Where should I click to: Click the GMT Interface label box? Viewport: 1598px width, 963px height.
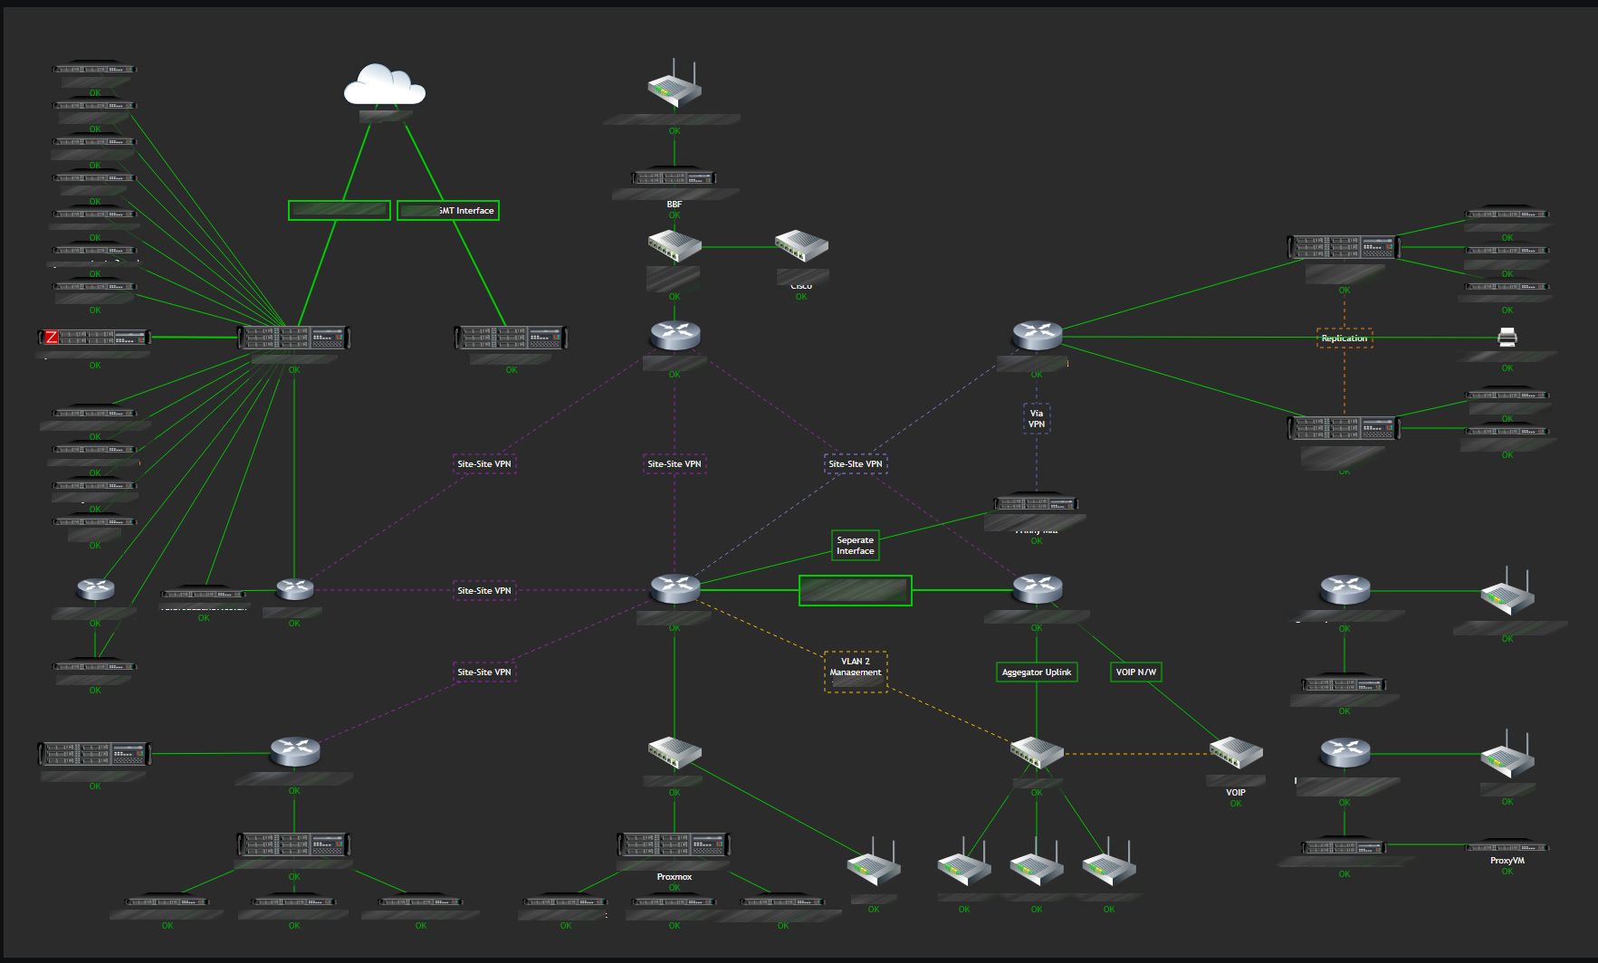click(448, 211)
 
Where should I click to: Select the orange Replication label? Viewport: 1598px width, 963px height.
click(1344, 338)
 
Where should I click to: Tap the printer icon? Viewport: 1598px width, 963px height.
click(1507, 338)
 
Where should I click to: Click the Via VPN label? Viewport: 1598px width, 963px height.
click(1036, 418)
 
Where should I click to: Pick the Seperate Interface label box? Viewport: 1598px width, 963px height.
click(855, 546)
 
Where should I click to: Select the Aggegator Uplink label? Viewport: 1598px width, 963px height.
click(1036, 672)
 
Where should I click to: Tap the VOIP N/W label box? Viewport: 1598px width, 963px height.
click(1135, 672)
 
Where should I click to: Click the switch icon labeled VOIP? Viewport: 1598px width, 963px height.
click(1235, 753)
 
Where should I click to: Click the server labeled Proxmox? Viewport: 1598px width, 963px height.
click(674, 844)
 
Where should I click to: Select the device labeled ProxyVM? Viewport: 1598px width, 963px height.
click(1507, 848)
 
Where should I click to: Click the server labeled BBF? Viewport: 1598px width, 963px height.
click(674, 178)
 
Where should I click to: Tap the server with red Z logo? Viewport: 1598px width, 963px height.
click(94, 338)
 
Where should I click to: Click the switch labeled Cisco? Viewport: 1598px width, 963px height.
click(800, 246)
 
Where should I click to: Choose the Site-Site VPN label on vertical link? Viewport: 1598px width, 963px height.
click(674, 464)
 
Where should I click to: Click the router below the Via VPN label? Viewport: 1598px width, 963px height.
click(1036, 503)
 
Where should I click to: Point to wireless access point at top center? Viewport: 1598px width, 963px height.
click(674, 87)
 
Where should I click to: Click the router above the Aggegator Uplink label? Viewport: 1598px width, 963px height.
click(1037, 589)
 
